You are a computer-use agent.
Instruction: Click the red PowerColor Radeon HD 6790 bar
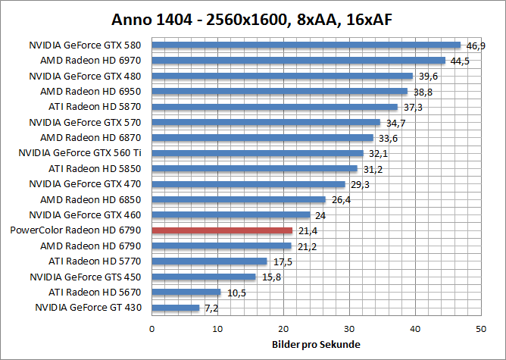222,230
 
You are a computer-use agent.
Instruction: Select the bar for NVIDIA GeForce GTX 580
306,45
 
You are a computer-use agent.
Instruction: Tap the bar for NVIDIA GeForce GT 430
176,308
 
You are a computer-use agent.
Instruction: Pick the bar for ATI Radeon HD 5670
186,292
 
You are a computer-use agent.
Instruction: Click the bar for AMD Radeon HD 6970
298,60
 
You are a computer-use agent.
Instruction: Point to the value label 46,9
476,46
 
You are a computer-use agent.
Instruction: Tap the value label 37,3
413,108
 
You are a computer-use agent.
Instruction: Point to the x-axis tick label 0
152,329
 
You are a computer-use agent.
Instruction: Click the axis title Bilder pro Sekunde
316,345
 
